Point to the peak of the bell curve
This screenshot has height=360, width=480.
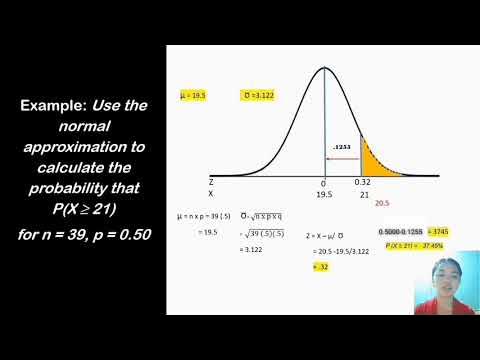[325, 69]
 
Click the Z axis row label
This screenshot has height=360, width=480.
[211, 184]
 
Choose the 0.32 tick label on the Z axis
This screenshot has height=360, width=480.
[362, 184]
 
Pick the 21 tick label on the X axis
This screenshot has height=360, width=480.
[362, 194]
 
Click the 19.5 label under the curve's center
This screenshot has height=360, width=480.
[324, 194]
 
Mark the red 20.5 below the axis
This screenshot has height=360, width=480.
[381, 203]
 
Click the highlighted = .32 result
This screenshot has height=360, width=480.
[320, 268]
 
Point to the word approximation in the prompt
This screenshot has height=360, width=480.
[84, 147]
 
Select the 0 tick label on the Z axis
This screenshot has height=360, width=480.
[324, 184]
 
